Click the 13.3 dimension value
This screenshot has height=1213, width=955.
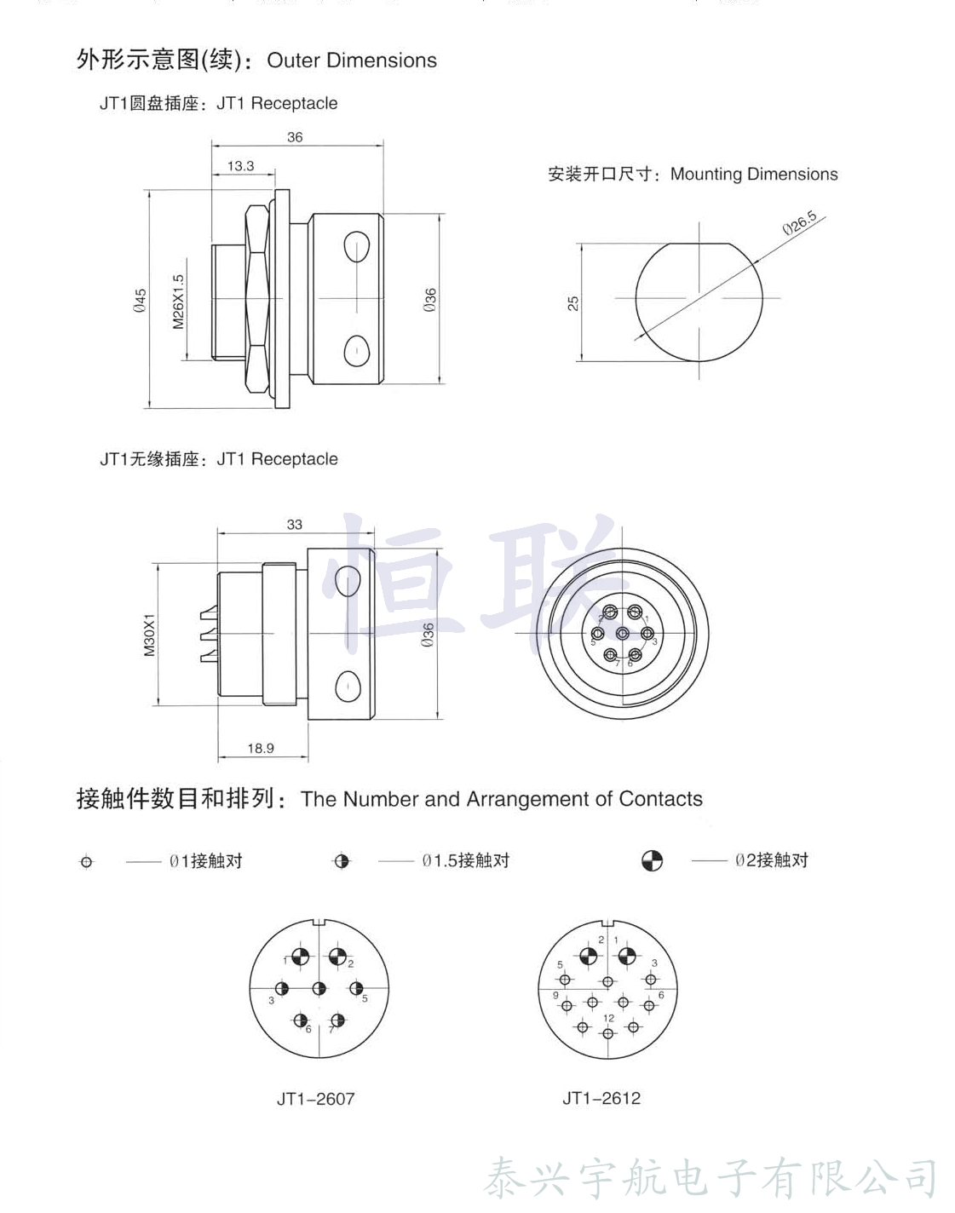pyautogui.click(x=240, y=166)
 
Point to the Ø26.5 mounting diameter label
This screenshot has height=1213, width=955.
pyautogui.click(x=800, y=223)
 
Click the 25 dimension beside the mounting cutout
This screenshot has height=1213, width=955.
pyautogui.click(x=573, y=302)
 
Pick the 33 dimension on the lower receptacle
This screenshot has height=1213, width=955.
pyautogui.click(x=295, y=525)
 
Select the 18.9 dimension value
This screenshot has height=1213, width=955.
pyautogui.click(x=261, y=749)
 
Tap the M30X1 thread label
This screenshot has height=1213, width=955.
pyautogui.click(x=150, y=635)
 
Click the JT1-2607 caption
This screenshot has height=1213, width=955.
pyautogui.click(x=315, y=1099)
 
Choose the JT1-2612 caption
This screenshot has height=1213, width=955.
pyautogui.click(x=601, y=1098)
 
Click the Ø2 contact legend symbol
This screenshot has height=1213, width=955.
pyautogui.click(x=652, y=861)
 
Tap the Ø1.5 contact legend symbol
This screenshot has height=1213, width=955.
pyautogui.click(x=342, y=861)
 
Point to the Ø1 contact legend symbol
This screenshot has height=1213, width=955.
pyautogui.click(x=86, y=862)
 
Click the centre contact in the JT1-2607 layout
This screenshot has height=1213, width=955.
pyautogui.click(x=319, y=989)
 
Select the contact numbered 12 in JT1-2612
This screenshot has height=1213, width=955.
pyautogui.click(x=607, y=1033)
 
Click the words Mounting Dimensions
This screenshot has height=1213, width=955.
pyautogui.click(x=754, y=175)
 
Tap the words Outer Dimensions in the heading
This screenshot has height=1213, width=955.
pyautogui.click(x=352, y=60)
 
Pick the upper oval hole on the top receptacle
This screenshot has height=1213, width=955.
pyautogui.click(x=356, y=248)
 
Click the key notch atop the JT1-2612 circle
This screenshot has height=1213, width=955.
pyautogui.click(x=608, y=923)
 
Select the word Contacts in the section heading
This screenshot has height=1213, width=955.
pyautogui.click(x=660, y=799)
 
